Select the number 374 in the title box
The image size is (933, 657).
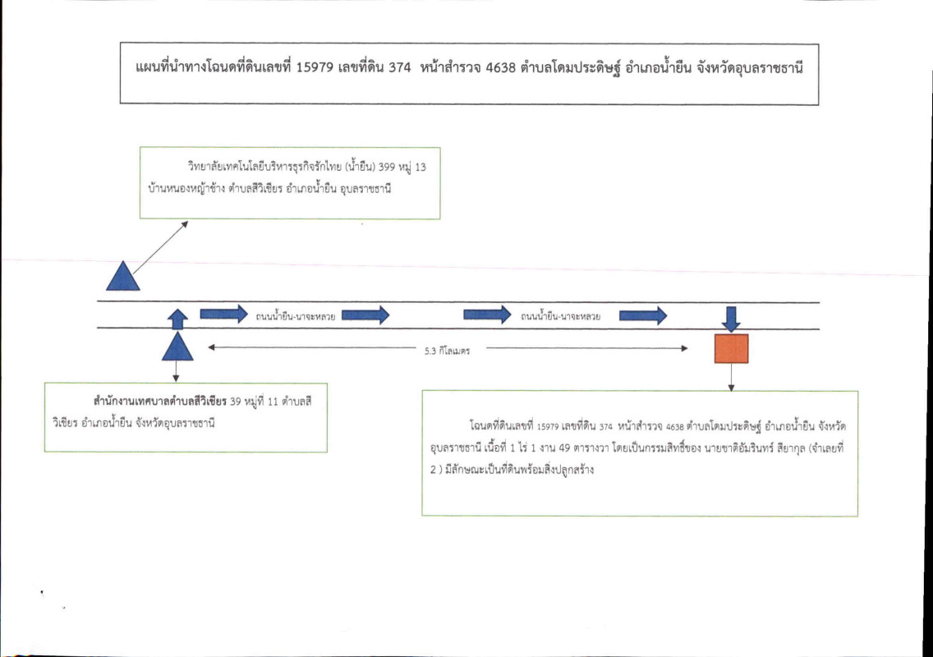402,69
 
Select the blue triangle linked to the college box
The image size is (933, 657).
123,276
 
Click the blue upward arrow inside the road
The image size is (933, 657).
177,319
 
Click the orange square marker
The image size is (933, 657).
731,348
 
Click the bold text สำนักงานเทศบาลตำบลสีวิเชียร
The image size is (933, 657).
160,403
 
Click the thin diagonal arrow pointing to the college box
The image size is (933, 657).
159,246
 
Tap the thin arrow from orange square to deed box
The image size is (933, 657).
731,376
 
